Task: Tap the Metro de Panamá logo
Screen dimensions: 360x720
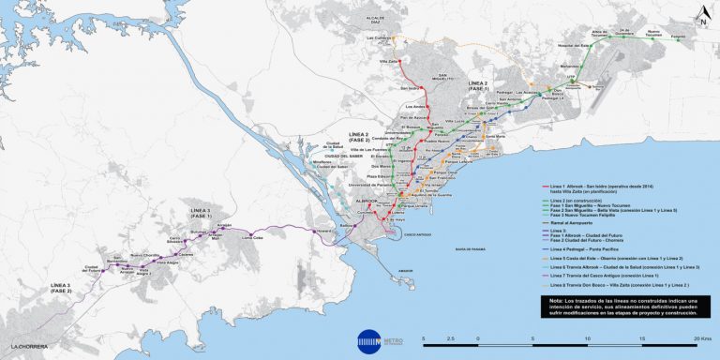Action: [x=368, y=338]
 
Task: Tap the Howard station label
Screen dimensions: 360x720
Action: [x=325, y=229]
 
